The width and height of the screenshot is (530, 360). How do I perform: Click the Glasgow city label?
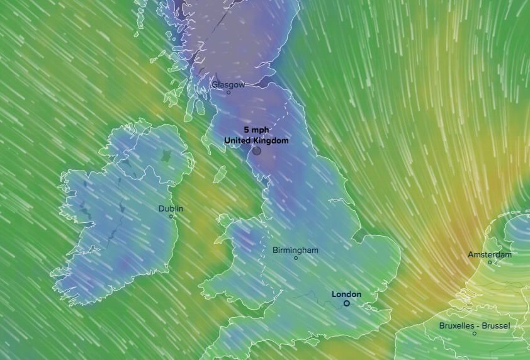pos(228,84)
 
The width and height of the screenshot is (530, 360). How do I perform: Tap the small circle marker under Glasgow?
pos(228,93)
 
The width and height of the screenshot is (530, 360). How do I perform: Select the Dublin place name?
pos(171,208)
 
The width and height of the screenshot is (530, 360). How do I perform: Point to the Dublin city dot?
pos(171,217)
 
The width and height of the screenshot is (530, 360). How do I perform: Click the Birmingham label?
pos(295,250)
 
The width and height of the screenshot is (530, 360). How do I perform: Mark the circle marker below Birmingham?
pos(296,258)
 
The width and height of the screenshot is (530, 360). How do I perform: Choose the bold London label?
pos(346,294)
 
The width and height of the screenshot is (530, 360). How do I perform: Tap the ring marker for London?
pos(346,303)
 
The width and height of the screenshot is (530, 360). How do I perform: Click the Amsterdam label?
pos(489,254)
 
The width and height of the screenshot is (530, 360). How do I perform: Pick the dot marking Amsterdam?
pos(490,262)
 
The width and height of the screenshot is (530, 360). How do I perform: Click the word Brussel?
pos(495,325)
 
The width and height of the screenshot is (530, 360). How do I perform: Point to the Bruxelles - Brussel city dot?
pos(475,334)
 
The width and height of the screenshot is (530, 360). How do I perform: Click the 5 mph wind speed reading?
pos(256,130)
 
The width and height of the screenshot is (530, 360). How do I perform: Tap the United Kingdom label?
pos(256,140)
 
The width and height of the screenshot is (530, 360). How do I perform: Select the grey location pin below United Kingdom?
pos(257,151)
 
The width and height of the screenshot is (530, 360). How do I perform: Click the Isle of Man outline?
pos(220,174)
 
